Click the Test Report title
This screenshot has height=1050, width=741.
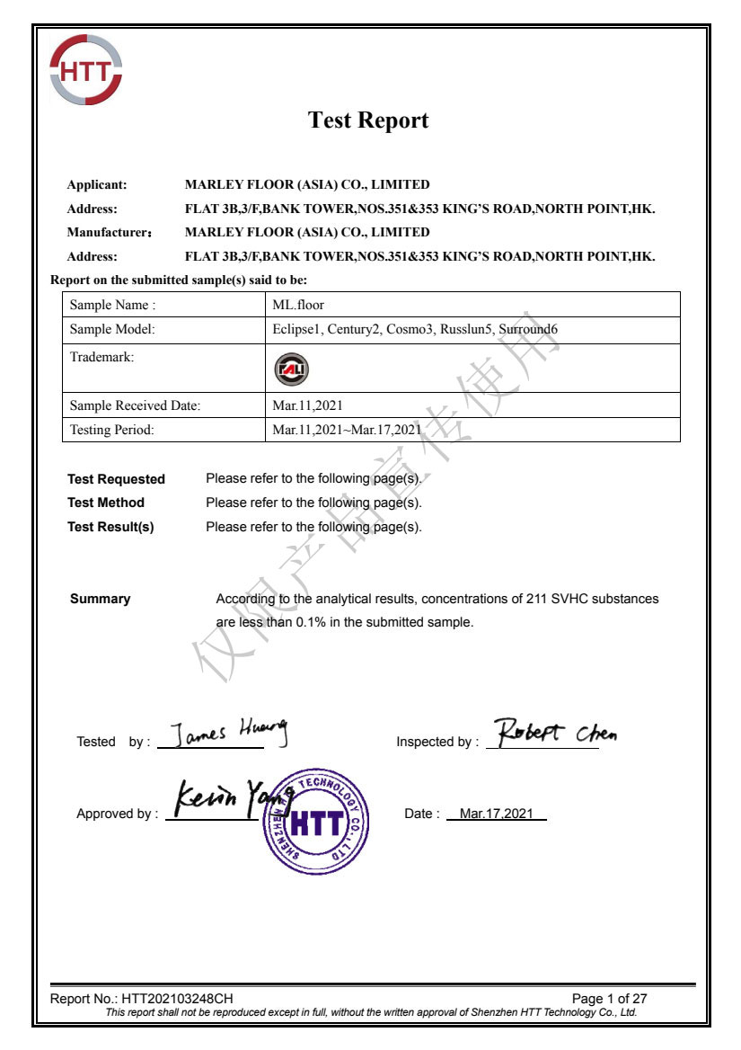click(x=368, y=120)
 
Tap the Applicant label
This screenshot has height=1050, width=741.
click(x=97, y=185)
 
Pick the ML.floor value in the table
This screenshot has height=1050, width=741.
click(x=298, y=305)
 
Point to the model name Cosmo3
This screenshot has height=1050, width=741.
click(x=410, y=329)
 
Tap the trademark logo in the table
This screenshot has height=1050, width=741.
click(x=290, y=368)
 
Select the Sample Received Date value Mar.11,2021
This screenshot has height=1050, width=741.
click(x=307, y=405)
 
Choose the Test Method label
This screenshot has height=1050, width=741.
click(x=106, y=503)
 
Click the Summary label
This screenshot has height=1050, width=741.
click(x=100, y=599)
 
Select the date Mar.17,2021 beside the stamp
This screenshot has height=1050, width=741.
click(x=496, y=814)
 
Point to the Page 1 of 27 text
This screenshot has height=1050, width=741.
click(x=609, y=999)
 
